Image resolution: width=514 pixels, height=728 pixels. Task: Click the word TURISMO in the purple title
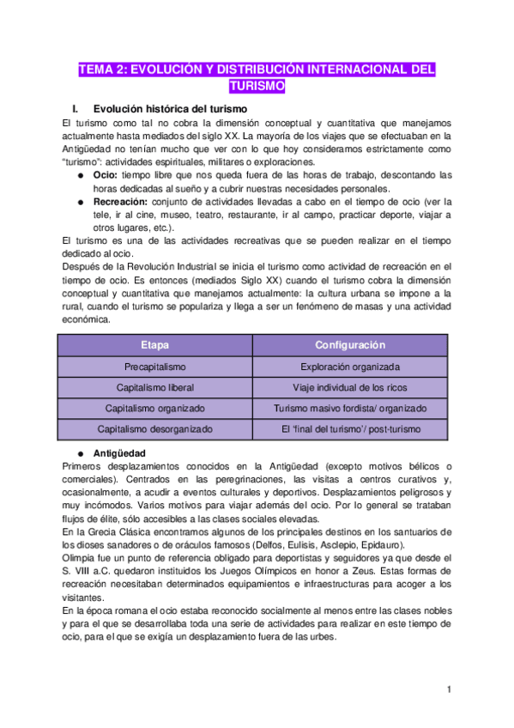pyautogui.click(x=257, y=86)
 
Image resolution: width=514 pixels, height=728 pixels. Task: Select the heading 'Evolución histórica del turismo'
pyautogui.click(x=170, y=109)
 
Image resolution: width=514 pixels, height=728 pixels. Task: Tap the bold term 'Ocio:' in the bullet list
pyautogui.click(x=107, y=175)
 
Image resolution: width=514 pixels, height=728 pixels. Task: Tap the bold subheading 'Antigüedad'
pyautogui.click(x=119, y=452)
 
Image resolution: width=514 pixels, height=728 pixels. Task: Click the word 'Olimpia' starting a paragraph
pyautogui.click(x=81, y=560)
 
